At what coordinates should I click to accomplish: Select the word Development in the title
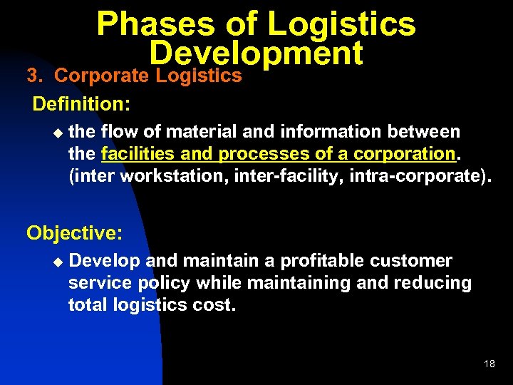[256, 53]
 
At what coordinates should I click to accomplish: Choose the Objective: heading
[75, 232]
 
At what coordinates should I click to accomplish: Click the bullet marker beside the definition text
[58, 133]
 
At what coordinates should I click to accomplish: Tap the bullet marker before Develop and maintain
[58, 262]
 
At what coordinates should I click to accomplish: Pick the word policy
[165, 283]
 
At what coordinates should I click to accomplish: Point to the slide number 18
[489, 364]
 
